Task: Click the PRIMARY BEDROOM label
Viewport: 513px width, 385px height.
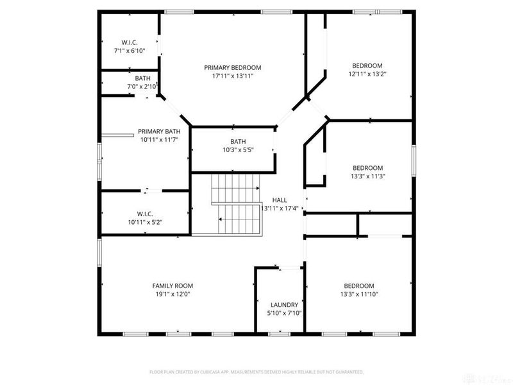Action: coord(232,67)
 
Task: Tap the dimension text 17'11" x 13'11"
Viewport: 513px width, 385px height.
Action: coord(232,76)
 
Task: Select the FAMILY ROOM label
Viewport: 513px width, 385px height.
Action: coord(172,286)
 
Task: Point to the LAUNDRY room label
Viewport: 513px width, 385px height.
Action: coord(284,305)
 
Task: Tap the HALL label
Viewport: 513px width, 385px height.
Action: coord(280,200)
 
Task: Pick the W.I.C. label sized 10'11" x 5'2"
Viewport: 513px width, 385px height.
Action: coord(146,214)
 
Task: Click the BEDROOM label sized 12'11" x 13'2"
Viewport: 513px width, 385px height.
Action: coord(367,65)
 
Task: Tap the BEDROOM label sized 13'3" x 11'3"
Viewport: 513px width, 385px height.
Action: coord(367,167)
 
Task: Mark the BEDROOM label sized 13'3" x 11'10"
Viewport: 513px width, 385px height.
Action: coord(358,286)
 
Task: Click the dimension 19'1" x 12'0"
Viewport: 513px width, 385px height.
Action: coord(172,294)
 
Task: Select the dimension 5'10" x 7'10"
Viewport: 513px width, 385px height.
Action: coord(284,313)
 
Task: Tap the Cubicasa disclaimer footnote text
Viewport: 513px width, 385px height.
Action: coord(256,372)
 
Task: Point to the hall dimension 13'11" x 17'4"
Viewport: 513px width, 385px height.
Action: coord(280,208)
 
